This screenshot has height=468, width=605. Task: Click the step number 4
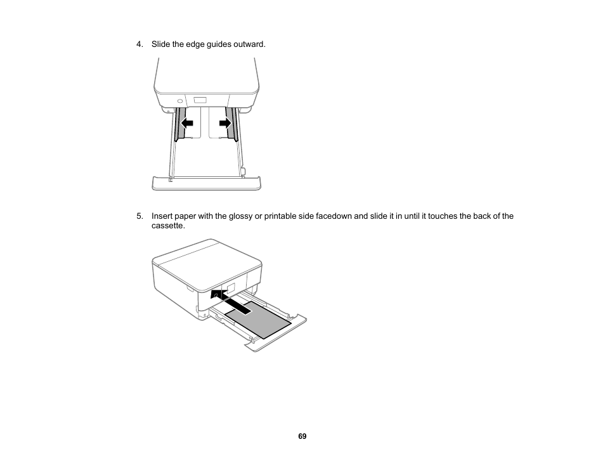click(139, 44)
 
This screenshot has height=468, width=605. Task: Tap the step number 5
click(139, 216)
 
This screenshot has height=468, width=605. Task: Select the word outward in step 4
click(250, 44)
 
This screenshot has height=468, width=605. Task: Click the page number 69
click(302, 436)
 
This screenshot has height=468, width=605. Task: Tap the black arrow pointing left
click(186, 122)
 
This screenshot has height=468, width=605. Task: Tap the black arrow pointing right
click(225, 122)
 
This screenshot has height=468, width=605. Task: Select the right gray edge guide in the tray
click(231, 124)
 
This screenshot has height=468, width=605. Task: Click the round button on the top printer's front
click(179, 100)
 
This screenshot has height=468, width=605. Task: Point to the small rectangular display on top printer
click(200, 100)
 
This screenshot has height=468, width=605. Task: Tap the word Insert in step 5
click(161, 216)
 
